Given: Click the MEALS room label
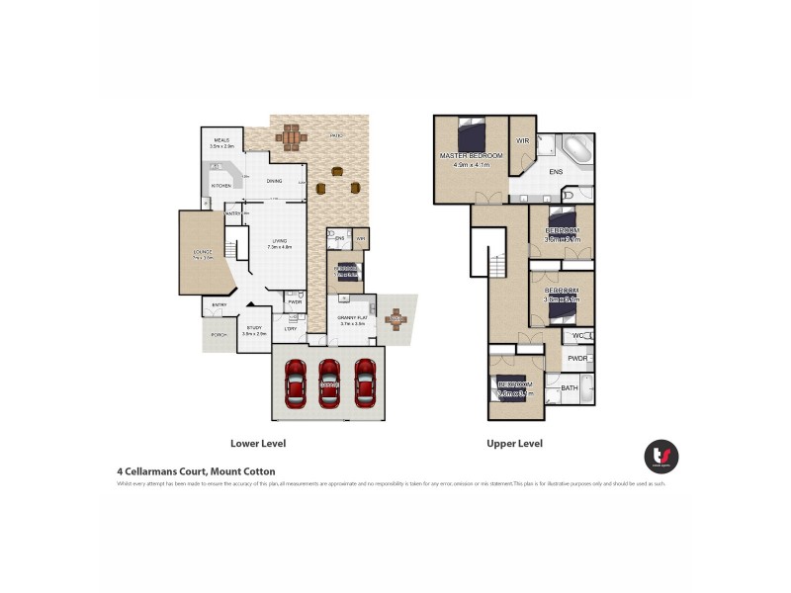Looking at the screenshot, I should point(220,141).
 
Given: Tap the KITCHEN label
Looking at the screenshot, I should point(220,186).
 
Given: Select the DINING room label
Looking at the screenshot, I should point(274,181).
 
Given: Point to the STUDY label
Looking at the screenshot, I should point(254,328).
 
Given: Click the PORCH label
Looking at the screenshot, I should point(219,335).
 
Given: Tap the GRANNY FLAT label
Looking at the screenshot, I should point(353,317).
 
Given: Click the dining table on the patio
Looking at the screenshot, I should point(291,137).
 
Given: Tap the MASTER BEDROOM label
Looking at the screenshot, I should point(472,156).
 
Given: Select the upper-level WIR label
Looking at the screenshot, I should point(522,141).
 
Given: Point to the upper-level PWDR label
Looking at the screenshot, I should point(577,359).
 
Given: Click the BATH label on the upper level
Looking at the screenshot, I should point(570,388).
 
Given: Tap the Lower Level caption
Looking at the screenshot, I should point(258,444).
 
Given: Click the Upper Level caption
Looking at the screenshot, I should point(514,444).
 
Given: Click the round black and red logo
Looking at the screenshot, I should point(661,456).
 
